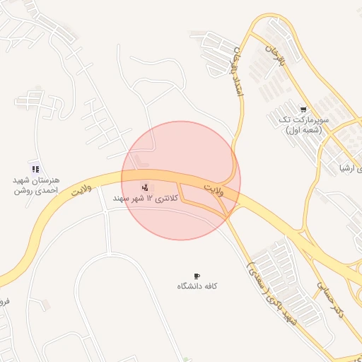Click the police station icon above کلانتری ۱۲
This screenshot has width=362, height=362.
click(x=145, y=187)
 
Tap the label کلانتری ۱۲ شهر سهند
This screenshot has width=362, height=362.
click(x=144, y=199)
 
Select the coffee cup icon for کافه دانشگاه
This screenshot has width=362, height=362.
click(x=197, y=276)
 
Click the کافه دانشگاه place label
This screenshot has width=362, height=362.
click(x=197, y=286)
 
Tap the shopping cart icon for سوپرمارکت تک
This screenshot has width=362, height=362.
click(x=303, y=110)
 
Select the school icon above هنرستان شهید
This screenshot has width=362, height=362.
click(x=35, y=169)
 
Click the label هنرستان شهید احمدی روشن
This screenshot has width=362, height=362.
click(x=35, y=185)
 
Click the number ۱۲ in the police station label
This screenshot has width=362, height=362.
click(x=150, y=199)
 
